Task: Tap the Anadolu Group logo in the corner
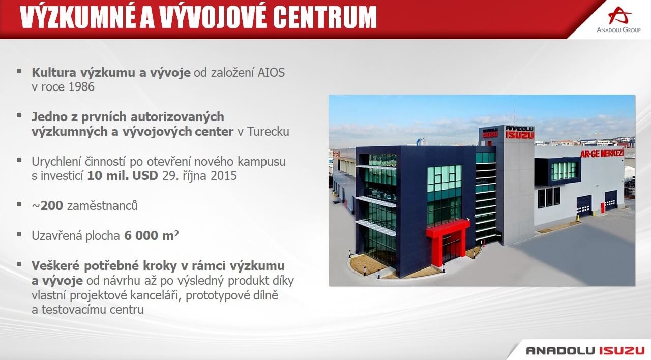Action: coord(619,19)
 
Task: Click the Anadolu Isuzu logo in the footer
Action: coord(585,351)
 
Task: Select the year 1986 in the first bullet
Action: coord(82,87)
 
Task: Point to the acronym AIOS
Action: coord(271,73)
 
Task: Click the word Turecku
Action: coord(268,132)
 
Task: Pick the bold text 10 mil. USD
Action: coord(123,176)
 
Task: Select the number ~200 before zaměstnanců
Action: coord(47,206)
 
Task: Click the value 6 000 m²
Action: coord(152,235)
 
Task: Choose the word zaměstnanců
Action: coord(102,206)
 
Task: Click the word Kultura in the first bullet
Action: coord(54,73)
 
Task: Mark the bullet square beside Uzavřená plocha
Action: coord(19,234)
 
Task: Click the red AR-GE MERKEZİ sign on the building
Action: coord(602,153)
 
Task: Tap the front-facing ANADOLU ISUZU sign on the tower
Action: coord(520,133)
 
